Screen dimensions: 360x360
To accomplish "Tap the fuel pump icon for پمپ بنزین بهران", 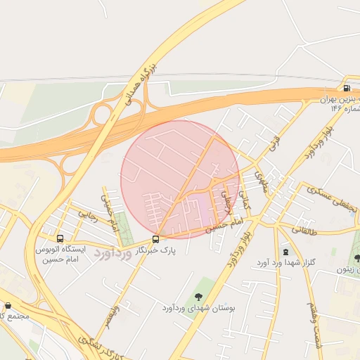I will [x=347, y=88].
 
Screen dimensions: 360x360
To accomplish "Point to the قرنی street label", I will [x=274, y=143].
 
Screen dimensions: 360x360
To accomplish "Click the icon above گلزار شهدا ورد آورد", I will [x=285, y=252].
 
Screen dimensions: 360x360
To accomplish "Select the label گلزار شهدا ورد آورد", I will [x=286, y=263].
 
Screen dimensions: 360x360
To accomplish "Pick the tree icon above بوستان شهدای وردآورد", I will [x=198, y=297].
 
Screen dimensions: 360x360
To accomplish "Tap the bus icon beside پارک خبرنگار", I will [x=155, y=239].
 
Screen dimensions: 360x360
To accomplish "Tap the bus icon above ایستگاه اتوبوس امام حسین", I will [x=60, y=239].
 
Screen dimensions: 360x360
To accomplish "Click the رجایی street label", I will [x=87, y=214].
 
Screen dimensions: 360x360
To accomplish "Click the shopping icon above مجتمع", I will [x=8, y=306].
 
